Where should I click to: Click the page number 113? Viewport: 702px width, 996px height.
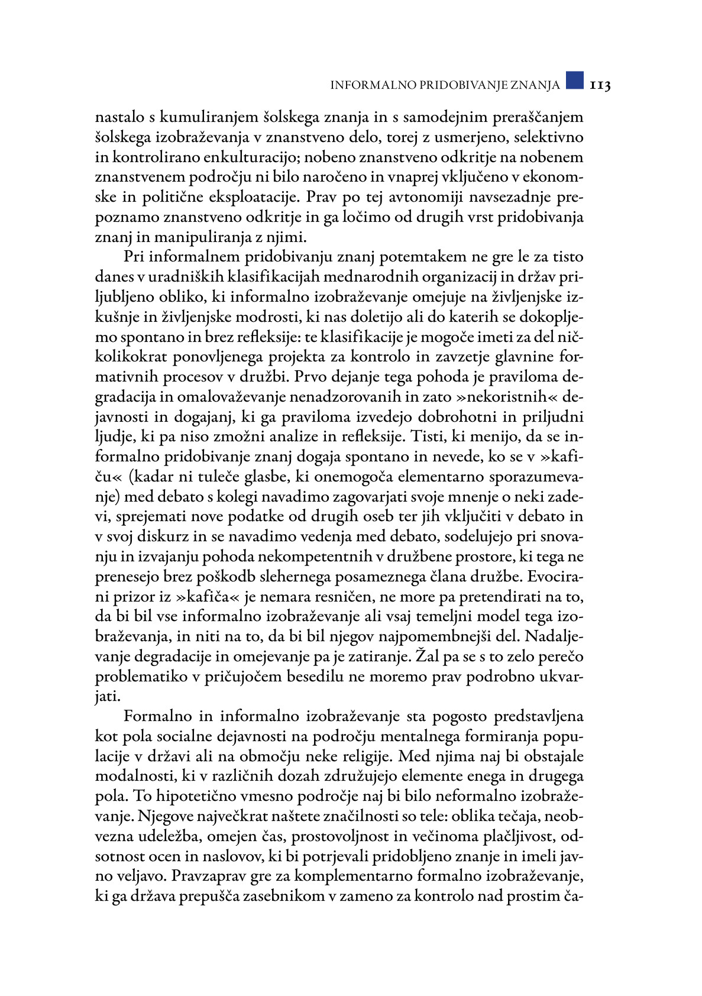click(599, 85)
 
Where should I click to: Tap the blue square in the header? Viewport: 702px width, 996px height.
click(574, 80)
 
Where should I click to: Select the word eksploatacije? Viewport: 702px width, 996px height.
click(253, 197)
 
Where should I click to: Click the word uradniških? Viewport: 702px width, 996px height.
click(185, 277)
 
